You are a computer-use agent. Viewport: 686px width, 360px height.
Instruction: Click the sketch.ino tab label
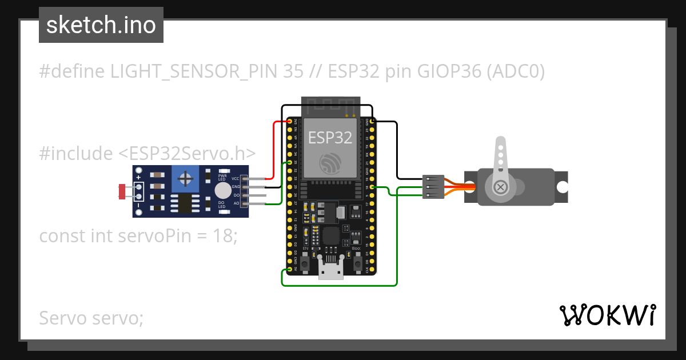tap(101, 26)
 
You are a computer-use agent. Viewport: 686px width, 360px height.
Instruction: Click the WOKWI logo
tap(607, 315)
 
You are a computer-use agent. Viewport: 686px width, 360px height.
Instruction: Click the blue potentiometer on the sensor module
tap(185, 179)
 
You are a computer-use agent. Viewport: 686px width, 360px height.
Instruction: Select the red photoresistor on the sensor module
tap(121, 191)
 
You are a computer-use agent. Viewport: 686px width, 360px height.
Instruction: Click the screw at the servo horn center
tap(501, 187)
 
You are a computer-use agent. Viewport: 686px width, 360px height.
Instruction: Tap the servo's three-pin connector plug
tap(433, 187)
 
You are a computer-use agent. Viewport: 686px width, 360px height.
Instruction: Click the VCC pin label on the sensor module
tap(236, 179)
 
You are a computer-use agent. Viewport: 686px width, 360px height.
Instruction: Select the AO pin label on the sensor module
tap(236, 203)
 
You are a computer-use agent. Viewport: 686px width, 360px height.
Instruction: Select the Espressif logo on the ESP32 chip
tap(330, 165)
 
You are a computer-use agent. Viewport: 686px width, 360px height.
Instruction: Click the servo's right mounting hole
tap(563, 187)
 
